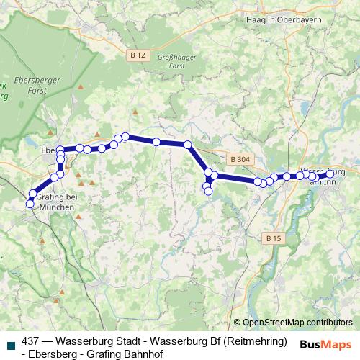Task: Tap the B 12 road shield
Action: click(138, 55)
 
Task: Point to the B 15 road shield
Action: click(271, 238)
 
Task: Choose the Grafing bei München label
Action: click(55, 201)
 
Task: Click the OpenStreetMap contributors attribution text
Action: click(297, 323)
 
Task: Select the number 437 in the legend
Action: click(32, 341)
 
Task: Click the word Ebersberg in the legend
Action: click(54, 354)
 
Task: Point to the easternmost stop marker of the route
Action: click(330, 174)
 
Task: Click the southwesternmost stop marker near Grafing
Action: click(30, 204)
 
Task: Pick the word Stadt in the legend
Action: click(127, 341)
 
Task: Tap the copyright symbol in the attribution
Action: click(238, 323)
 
